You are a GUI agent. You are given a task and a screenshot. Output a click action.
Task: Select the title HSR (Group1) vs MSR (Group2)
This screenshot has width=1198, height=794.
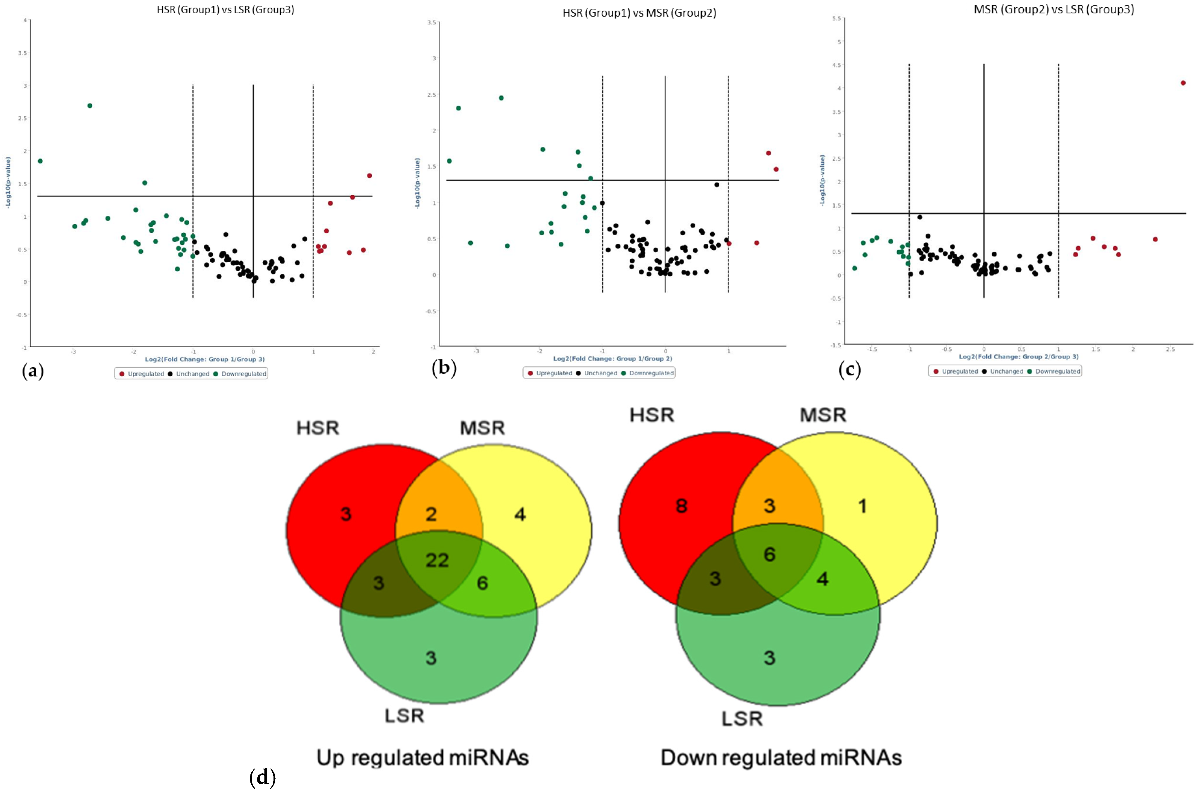click(x=639, y=13)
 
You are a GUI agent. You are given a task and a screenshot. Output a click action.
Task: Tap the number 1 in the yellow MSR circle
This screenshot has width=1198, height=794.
click(x=863, y=506)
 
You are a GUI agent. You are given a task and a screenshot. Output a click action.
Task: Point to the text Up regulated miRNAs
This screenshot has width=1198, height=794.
click(x=422, y=758)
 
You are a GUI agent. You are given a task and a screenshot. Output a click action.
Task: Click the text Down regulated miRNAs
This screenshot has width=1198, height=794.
click(x=781, y=758)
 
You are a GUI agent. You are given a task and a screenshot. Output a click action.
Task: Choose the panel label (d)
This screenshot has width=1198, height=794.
click(x=263, y=777)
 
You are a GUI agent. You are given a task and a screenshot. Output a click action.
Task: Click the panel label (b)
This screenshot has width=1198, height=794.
click(x=444, y=368)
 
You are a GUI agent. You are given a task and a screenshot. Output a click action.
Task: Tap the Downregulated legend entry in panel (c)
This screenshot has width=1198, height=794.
click(x=1057, y=371)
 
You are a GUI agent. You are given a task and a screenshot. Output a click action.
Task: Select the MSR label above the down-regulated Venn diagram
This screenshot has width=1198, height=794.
click(x=823, y=415)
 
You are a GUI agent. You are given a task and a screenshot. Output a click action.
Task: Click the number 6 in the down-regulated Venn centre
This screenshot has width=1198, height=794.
click(x=769, y=555)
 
